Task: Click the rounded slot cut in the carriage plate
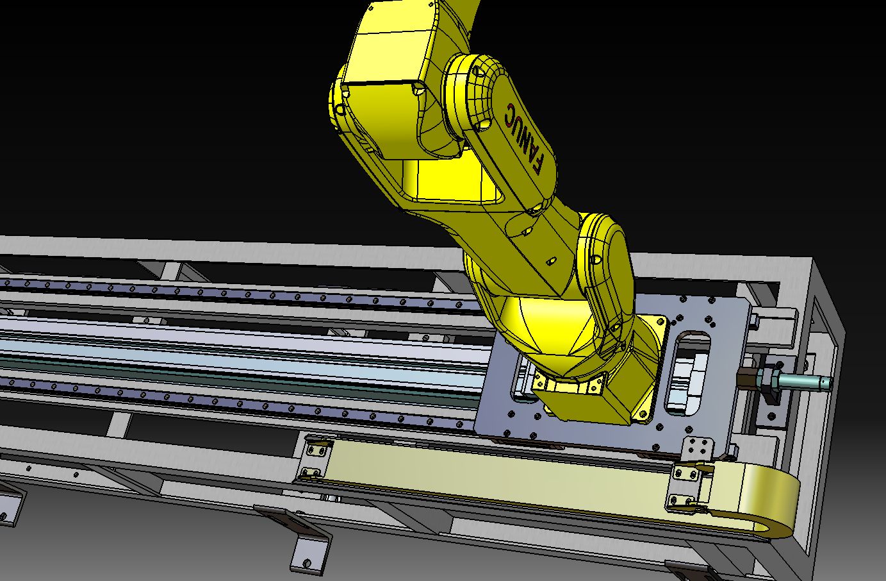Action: click(x=689, y=372)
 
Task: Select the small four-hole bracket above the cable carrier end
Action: click(x=698, y=448)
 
